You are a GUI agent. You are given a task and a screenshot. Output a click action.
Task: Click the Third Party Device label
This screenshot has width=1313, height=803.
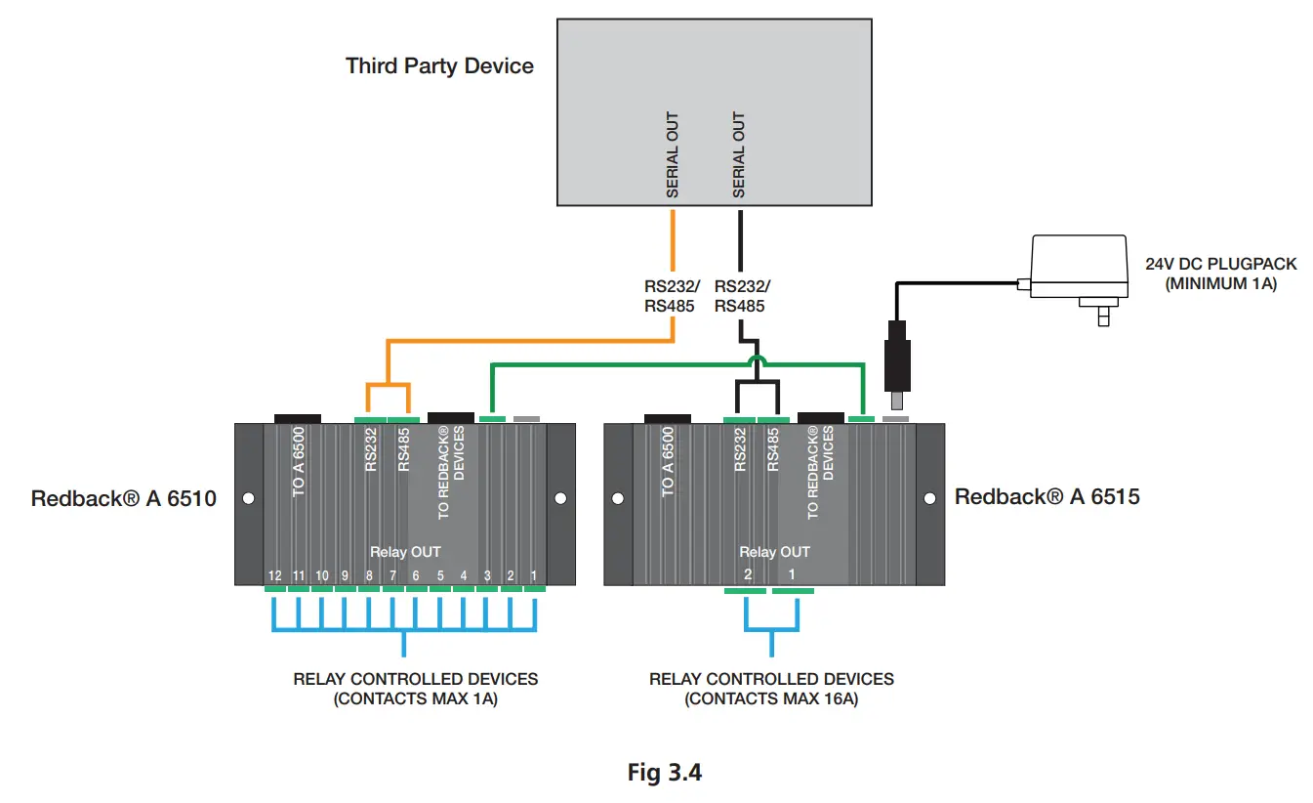click(439, 66)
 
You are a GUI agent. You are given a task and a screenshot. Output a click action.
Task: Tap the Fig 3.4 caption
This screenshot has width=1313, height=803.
click(664, 773)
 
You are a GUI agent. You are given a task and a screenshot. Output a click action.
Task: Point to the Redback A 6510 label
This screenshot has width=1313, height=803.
click(123, 497)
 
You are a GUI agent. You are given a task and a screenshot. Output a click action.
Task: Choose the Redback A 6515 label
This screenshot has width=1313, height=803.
click(1046, 496)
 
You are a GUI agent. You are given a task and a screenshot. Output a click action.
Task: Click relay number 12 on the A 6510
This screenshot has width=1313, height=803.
click(275, 575)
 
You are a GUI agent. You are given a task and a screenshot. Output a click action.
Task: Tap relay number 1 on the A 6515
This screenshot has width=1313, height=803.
click(792, 575)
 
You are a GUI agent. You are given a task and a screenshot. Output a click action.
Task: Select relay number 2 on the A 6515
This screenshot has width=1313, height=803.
click(748, 575)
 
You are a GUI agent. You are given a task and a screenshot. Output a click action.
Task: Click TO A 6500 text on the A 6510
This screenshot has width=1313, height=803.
click(299, 461)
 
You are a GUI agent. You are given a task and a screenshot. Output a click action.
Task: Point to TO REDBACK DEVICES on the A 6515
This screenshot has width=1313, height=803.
click(820, 472)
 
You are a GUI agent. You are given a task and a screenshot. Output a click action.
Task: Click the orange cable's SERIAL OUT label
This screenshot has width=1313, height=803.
click(673, 155)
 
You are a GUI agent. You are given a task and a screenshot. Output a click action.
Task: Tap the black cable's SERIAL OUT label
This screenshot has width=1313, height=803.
click(739, 155)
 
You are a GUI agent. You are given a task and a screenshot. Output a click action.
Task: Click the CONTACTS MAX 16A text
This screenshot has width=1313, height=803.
click(771, 698)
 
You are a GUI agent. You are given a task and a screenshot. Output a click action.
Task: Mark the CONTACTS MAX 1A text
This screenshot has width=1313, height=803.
click(415, 698)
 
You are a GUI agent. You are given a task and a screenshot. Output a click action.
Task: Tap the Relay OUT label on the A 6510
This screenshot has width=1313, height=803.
click(404, 552)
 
